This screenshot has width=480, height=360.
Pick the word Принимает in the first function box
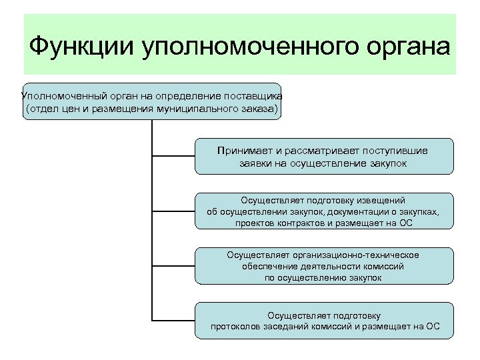tap(241, 150)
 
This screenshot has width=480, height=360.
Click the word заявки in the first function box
tap(253, 163)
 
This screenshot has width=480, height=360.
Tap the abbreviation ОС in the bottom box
tap(433, 327)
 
